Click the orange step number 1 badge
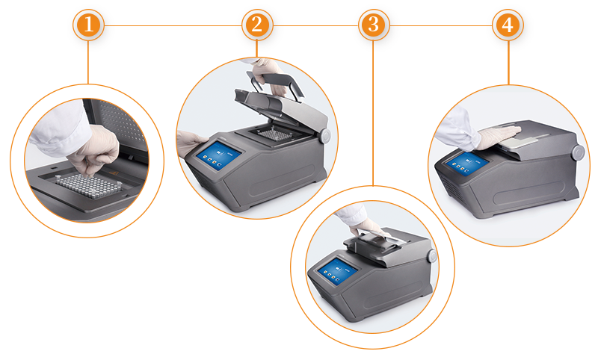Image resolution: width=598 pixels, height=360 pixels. (88, 25)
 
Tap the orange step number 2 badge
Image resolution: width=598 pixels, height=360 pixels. (257, 25)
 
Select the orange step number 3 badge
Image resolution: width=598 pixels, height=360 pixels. (374, 25)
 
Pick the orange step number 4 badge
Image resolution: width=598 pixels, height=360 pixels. (508, 25)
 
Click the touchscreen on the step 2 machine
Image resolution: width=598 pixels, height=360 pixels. (218, 155)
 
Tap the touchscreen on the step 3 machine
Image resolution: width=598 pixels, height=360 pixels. (338, 271)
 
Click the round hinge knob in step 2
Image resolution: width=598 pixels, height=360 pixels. (325, 136)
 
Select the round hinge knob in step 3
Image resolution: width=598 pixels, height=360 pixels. (432, 255)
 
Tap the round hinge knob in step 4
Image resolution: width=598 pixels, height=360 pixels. (578, 152)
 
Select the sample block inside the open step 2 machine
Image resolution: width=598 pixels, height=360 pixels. (273, 134)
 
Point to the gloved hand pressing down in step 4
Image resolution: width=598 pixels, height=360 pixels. (498, 136)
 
